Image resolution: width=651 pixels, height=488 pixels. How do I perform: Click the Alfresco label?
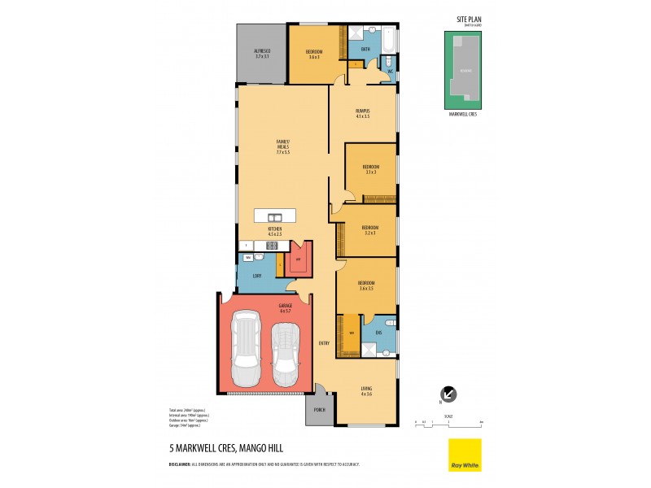pyautogui.click(x=261, y=53)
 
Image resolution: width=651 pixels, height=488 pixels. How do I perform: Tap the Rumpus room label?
pyautogui.click(x=363, y=113)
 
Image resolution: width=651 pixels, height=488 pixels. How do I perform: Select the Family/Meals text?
pyautogui.click(x=282, y=147)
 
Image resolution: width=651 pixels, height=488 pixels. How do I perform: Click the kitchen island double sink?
pyautogui.click(x=275, y=216)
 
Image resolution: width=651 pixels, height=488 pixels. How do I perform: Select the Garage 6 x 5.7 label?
pyautogui.click(x=286, y=307)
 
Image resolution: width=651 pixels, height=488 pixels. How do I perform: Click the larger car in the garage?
pyautogui.click(x=246, y=351)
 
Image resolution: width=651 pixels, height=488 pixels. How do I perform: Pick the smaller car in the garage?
pyautogui.click(x=285, y=355)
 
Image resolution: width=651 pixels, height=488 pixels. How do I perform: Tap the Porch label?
pyautogui.click(x=319, y=409)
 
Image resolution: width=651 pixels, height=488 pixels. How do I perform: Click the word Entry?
pyautogui.click(x=324, y=342)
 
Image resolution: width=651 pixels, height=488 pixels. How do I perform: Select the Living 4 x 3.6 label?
pyautogui.click(x=366, y=391)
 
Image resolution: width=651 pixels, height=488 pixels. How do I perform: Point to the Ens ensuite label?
pyautogui.click(x=378, y=332)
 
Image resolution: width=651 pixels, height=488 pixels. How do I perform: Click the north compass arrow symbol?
pyautogui.click(x=448, y=394)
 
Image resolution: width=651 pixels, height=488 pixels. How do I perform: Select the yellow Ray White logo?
pyautogui.click(x=465, y=455)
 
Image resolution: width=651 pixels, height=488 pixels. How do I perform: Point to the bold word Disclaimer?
pyautogui.click(x=184, y=464)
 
